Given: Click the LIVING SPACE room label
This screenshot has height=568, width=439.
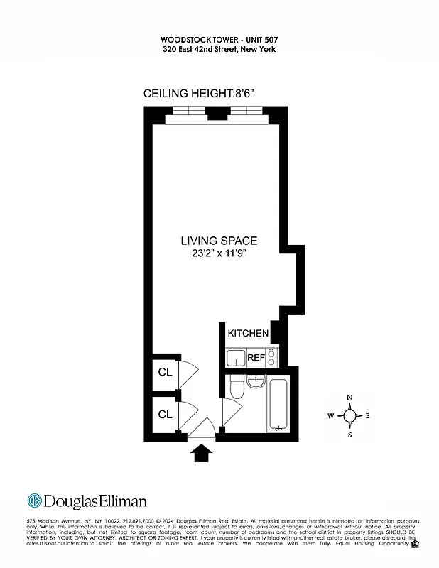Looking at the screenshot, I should coord(219,241).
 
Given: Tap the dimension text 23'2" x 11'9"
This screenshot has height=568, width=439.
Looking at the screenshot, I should coord(219,253).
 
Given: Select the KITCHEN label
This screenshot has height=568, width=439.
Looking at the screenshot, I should coord(248,333).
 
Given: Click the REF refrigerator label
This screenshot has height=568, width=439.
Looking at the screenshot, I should coord(256,358).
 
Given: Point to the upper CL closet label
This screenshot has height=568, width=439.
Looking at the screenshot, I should coord(165,373).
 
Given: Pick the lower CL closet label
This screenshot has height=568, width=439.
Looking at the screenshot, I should coord(165,414).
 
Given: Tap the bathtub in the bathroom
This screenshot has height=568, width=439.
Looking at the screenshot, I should coord(278,405).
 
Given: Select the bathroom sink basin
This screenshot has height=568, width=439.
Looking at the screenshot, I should coord(256,384).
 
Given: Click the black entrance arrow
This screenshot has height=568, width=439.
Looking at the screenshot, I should coord(202,453).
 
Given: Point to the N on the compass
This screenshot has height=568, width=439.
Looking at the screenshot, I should coord(349,398).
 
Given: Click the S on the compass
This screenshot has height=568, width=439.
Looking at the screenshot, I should coord(349,435).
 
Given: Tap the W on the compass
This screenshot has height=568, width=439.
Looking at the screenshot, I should coord(331,416).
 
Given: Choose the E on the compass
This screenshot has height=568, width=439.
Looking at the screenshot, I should coord(367,416).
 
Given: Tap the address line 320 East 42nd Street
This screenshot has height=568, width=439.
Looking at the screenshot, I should coord(218,49).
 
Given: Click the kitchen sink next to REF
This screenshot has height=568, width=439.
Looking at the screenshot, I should coord(234,359).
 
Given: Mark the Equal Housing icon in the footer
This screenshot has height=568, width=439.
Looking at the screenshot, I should coord(415,545).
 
